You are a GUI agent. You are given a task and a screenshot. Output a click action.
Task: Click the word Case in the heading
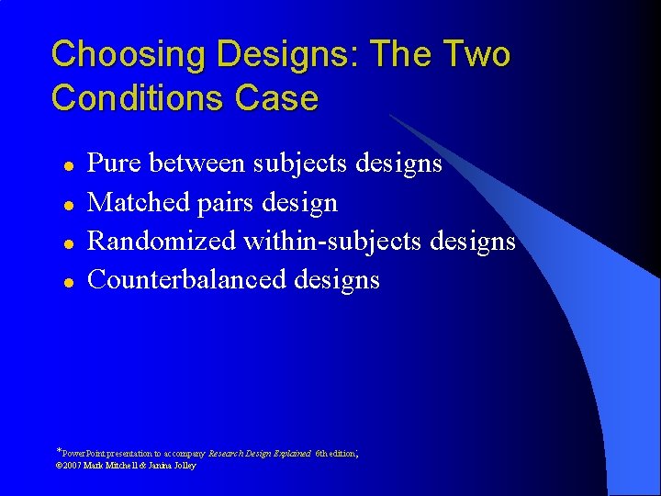pos(277,97)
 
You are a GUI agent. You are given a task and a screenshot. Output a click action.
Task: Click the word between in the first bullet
pos(196,164)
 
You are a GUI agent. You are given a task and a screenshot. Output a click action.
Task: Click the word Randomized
pos(162,241)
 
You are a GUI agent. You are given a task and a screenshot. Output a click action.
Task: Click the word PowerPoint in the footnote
pos(82,454)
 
